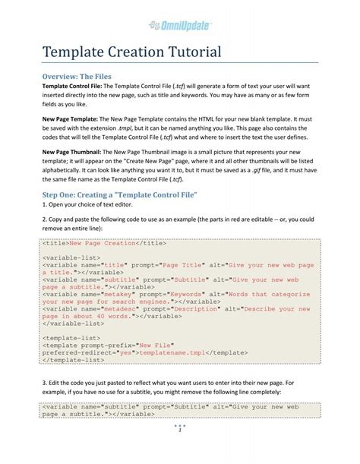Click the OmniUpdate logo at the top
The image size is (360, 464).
(x=180, y=26)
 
